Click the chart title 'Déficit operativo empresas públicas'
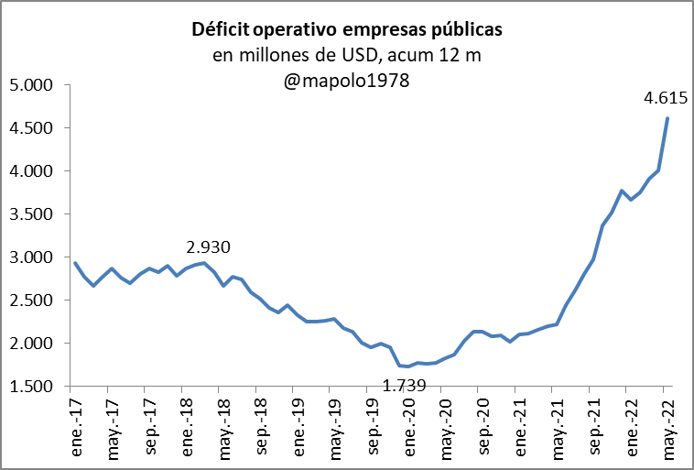point(347,30)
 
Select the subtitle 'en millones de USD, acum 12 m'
point(347,56)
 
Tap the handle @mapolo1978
point(347,81)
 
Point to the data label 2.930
point(208,247)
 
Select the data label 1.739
point(404,387)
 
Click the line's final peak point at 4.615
point(667,118)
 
